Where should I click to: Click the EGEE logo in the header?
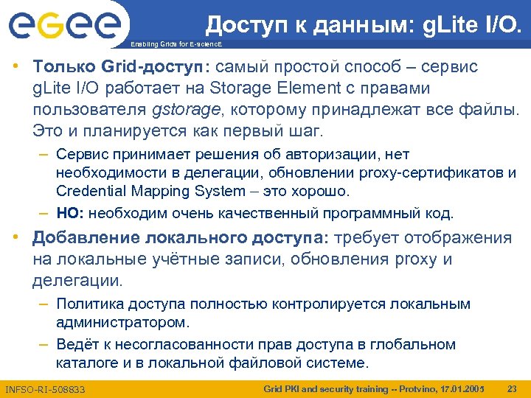click(64, 27)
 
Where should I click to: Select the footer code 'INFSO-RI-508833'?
click(45, 388)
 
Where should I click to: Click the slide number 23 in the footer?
click(511, 388)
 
